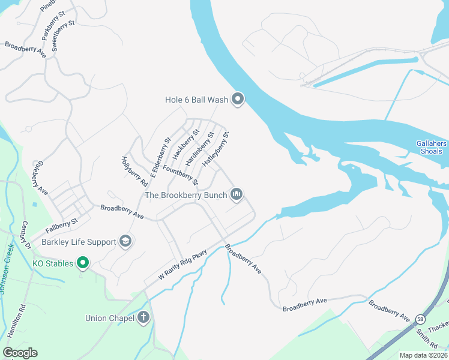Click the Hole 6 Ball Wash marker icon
coord(238,100)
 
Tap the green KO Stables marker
coord(84,263)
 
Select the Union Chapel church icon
coord(143,317)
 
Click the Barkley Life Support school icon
coord(125,242)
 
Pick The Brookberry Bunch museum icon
coord(237,194)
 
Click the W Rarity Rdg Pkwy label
coord(182,265)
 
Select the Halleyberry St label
coord(216,149)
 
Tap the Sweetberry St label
coord(63,36)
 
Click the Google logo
coord(20,353)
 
